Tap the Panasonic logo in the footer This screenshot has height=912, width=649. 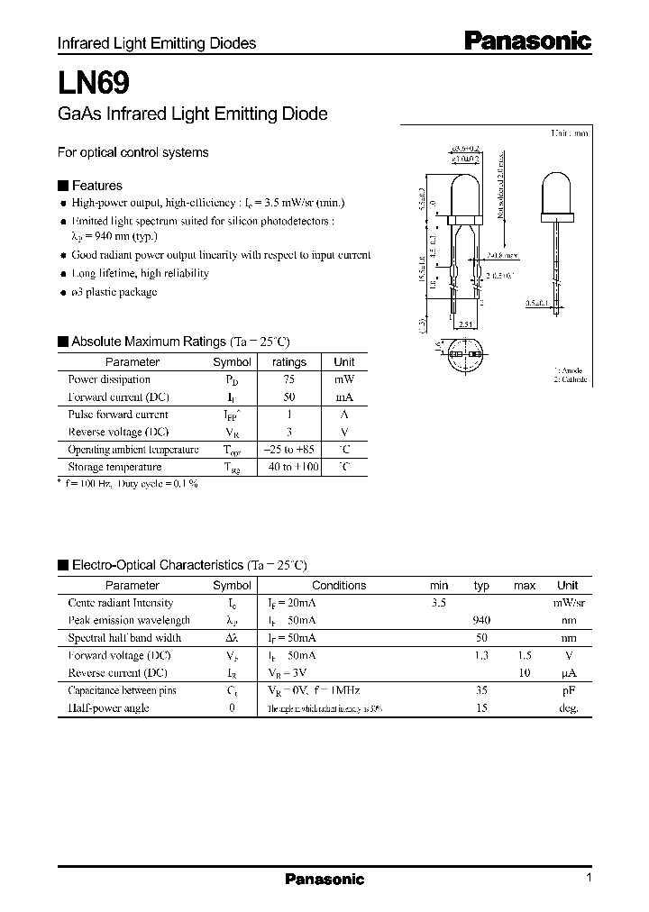click(324, 879)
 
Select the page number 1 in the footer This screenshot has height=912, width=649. click(589, 878)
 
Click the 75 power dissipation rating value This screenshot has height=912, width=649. click(288, 379)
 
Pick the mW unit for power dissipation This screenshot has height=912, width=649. click(344, 379)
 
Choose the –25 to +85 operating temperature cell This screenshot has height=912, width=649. click(289, 450)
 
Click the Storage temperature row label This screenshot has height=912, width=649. click(114, 467)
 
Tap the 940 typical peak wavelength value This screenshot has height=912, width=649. click(481, 620)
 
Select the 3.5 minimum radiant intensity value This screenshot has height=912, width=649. click(439, 603)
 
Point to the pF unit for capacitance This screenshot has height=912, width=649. click(568, 690)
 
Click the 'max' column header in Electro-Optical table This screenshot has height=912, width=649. click(525, 586)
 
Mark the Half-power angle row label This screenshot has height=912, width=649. click(108, 707)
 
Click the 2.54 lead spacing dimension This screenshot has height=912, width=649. click(465, 324)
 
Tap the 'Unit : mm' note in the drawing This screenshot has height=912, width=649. click(570, 132)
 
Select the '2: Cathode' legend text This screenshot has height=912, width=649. click(570, 379)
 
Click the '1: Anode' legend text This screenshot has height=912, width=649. click(570, 369)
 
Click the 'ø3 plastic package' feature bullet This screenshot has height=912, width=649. click(114, 291)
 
